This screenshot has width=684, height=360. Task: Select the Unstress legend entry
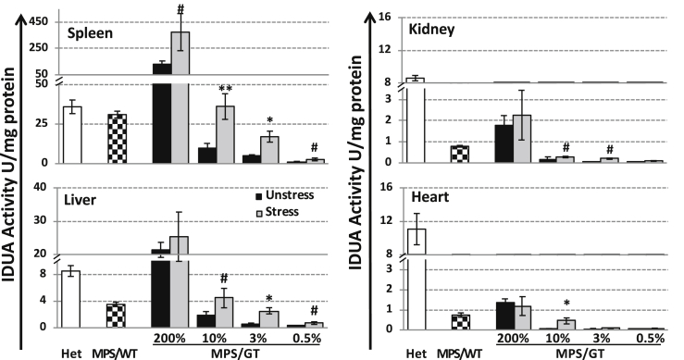coord(292,197)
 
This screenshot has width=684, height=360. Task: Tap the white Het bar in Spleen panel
coord(72,134)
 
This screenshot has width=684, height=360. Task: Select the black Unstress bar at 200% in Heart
coord(504,315)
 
